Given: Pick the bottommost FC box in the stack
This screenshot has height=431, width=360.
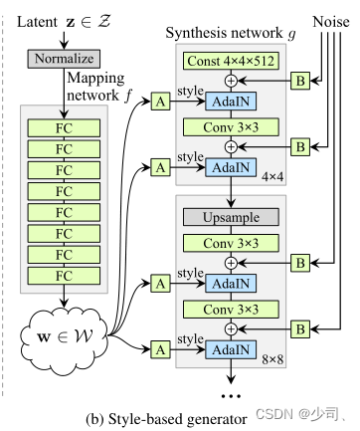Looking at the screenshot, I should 63,274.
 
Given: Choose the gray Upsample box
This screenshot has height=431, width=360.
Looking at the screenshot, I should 231,216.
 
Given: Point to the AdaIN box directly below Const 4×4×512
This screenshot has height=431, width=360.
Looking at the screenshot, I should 231,102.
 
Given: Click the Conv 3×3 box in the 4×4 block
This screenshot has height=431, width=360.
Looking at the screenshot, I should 231,125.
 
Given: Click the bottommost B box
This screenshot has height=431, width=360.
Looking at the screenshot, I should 296,326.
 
